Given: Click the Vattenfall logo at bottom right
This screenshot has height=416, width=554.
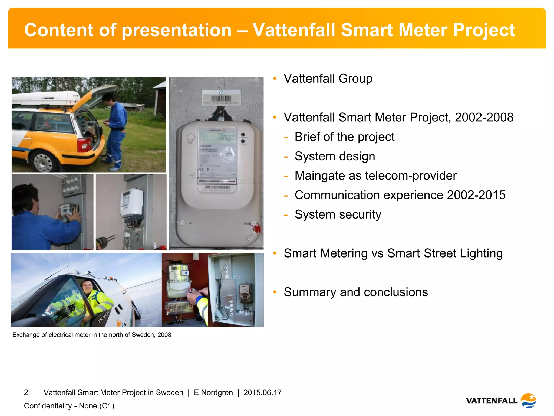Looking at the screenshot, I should click(x=501, y=401).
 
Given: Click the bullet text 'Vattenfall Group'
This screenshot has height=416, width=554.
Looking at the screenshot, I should click(x=328, y=79).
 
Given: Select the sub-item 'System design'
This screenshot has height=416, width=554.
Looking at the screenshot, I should click(x=335, y=156).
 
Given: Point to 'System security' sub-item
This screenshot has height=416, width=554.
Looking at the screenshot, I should click(x=338, y=214).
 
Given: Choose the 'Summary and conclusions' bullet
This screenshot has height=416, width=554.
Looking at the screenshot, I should click(x=356, y=292).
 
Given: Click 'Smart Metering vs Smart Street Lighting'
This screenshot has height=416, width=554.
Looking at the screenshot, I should click(x=393, y=253).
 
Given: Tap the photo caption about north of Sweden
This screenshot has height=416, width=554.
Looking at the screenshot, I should click(x=92, y=335).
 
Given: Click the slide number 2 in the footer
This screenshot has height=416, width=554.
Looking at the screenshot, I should click(x=26, y=392).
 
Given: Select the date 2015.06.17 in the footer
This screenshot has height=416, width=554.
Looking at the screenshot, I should click(x=262, y=392).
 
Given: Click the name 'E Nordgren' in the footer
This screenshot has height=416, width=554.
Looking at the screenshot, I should click(x=213, y=392).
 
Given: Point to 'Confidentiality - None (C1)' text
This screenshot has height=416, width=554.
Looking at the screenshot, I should click(x=69, y=406).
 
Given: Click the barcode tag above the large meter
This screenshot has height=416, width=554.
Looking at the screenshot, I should click(x=221, y=99).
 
